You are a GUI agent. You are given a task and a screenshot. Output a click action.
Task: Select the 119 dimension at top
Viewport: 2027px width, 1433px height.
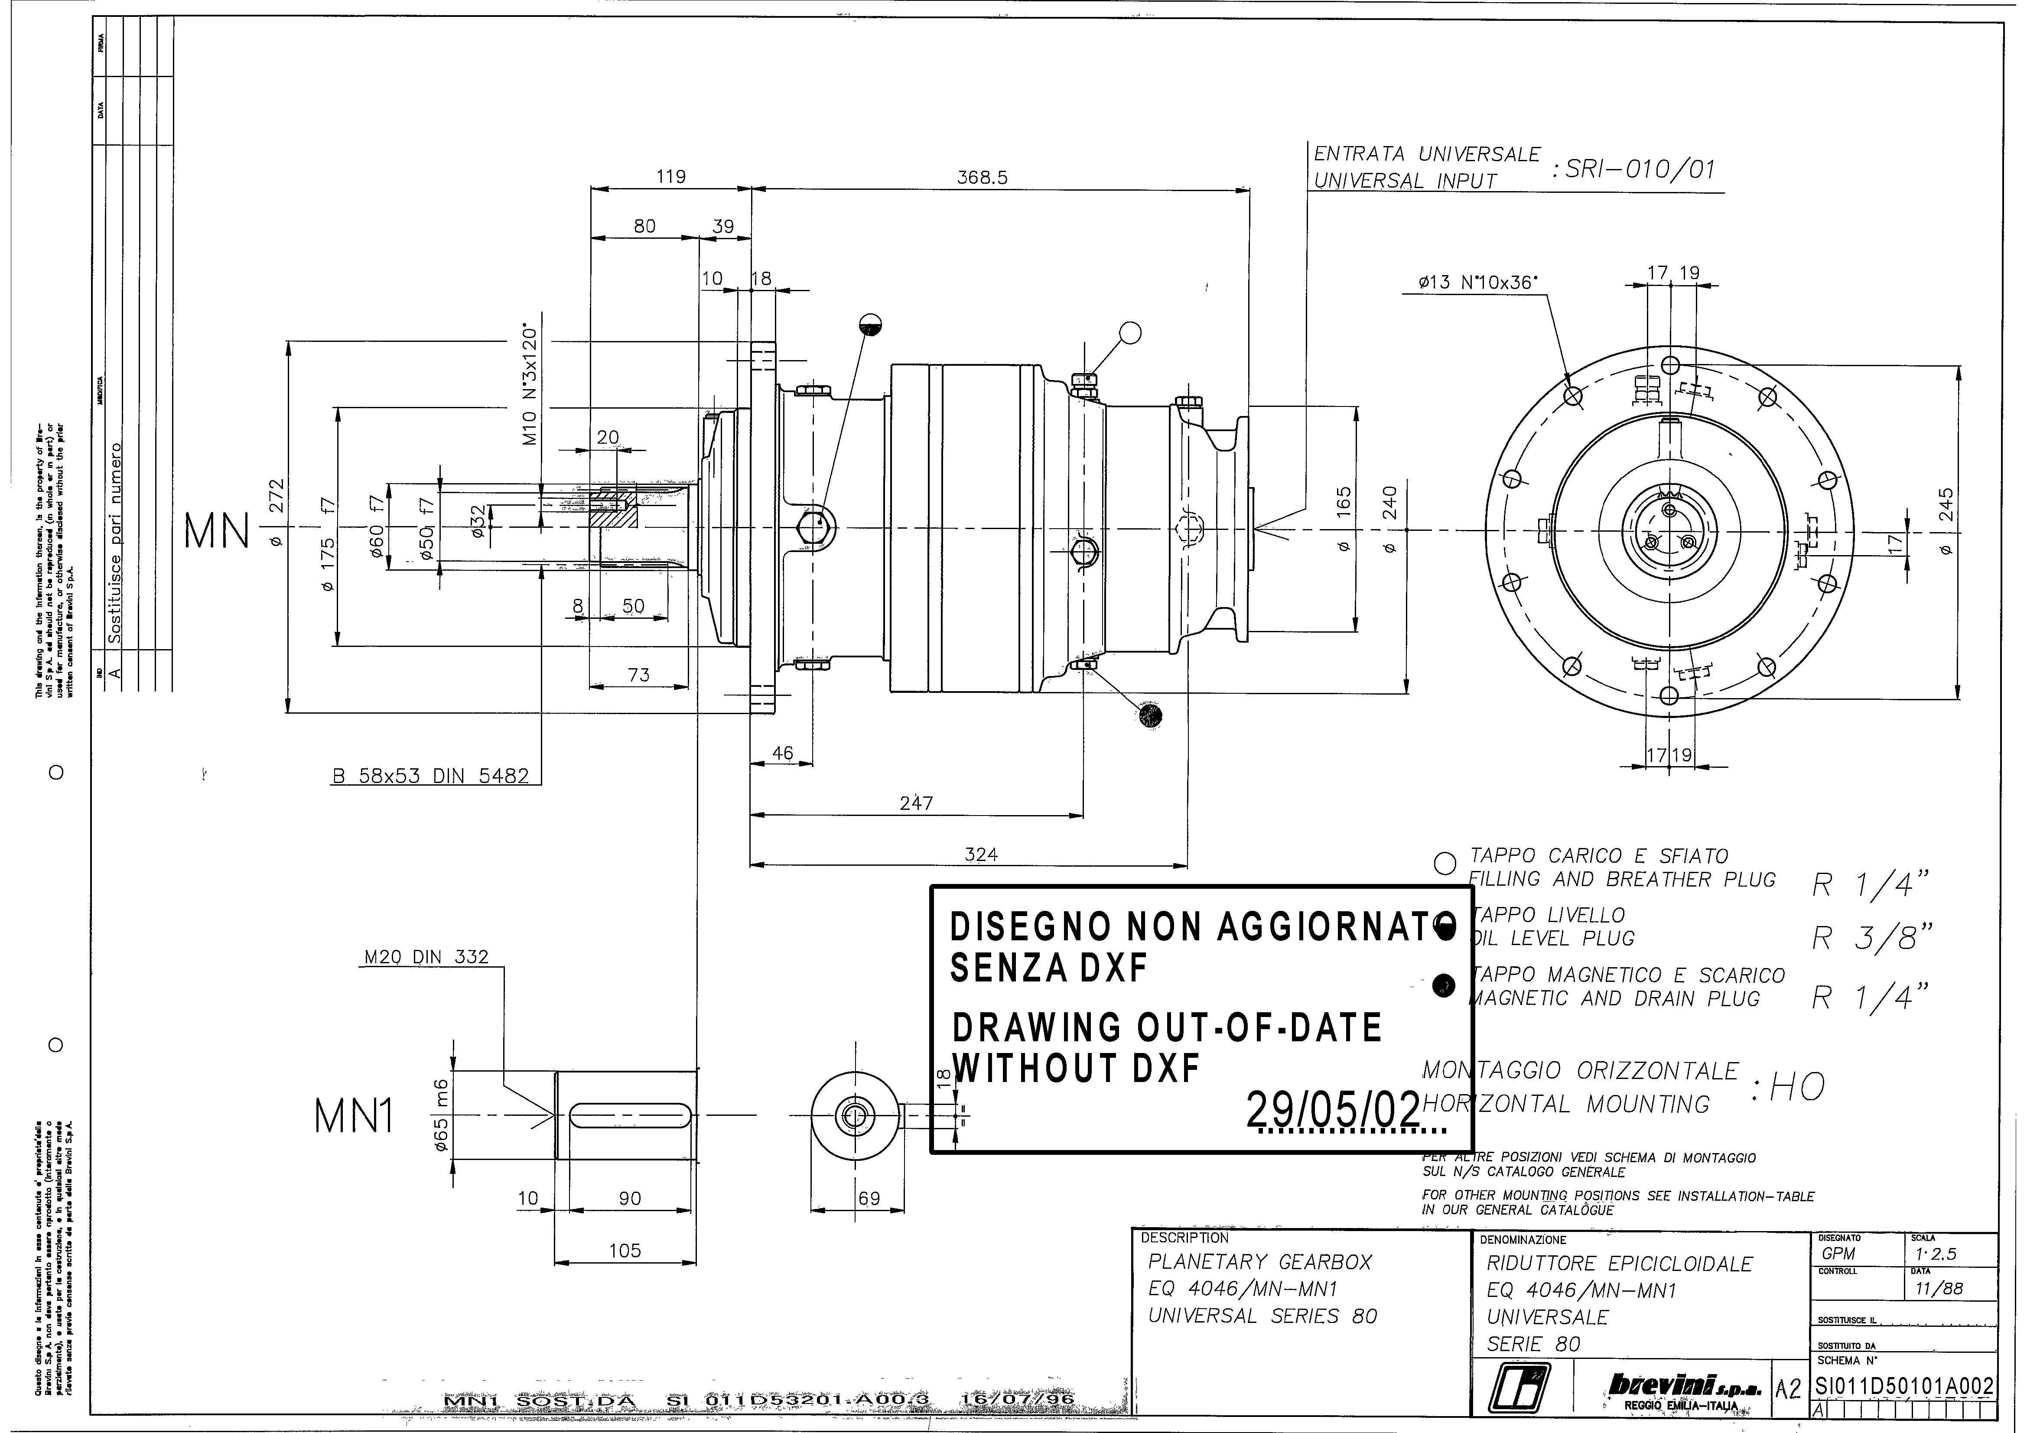pos(671,177)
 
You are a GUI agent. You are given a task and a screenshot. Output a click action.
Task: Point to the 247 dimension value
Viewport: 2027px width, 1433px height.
pos(915,803)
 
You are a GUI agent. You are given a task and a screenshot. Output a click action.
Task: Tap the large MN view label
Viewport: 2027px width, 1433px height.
pos(216,533)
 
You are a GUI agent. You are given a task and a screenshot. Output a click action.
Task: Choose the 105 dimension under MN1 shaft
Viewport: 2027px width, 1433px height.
pos(625,1250)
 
